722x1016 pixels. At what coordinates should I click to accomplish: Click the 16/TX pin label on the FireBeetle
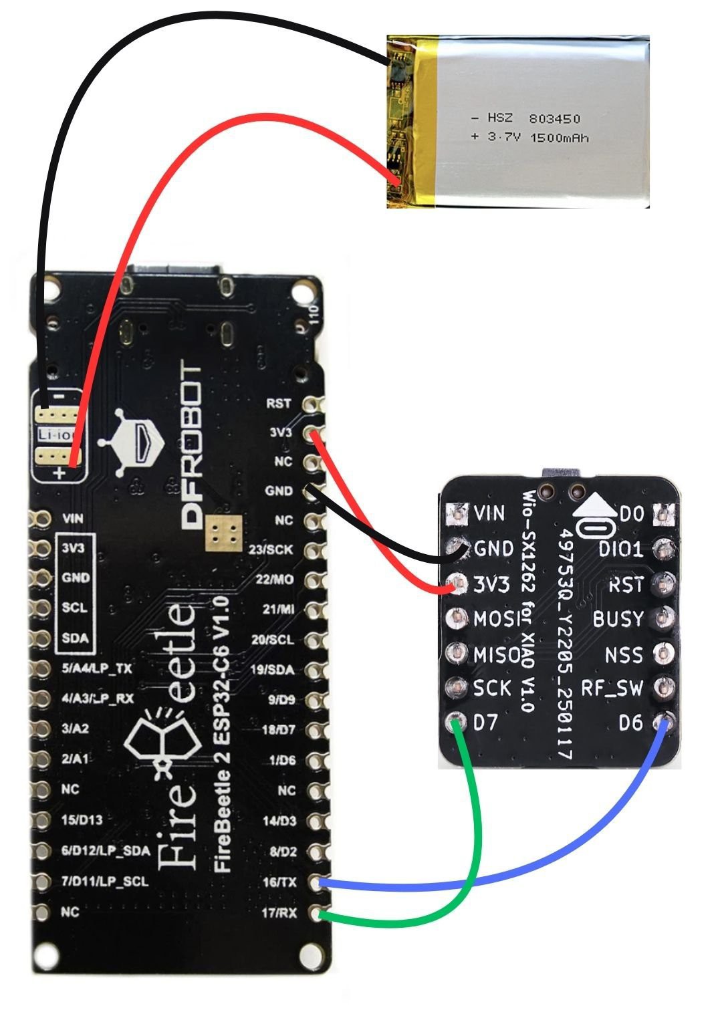[279, 882]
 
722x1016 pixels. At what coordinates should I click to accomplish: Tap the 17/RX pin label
[279, 912]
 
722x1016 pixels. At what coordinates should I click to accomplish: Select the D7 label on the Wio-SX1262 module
[486, 723]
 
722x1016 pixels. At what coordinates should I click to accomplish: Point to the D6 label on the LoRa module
[630, 723]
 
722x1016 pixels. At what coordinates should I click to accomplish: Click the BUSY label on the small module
[618, 619]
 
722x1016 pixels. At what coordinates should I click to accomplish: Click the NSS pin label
[623, 654]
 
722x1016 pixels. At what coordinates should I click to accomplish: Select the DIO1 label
[620, 549]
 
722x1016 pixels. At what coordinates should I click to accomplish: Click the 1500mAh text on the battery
[559, 138]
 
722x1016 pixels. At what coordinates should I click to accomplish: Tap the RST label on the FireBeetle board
[279, 404]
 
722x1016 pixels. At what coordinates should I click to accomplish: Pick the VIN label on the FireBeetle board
[73, 518]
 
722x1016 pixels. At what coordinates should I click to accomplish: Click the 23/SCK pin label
[274, 549]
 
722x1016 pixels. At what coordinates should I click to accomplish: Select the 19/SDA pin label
[275, 670]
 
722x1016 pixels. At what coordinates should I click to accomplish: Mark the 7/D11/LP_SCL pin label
[104, 882]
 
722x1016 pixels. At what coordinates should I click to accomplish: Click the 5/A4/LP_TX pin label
[97, 668]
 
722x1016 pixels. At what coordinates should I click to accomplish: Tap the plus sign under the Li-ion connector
[59, 474]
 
